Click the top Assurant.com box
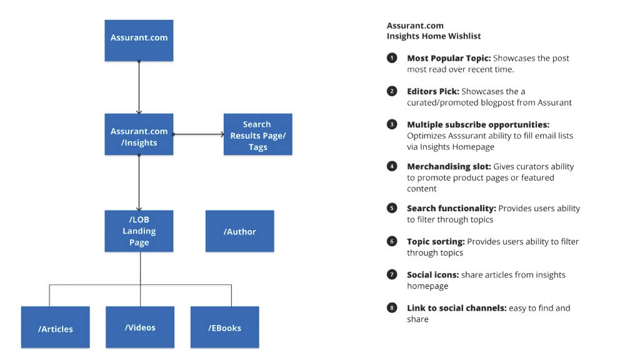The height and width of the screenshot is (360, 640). point(139,41)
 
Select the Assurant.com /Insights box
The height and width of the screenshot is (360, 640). point(139,134)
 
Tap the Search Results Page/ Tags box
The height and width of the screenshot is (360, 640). point(258,134)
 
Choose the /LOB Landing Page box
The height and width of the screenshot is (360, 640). point(139,231)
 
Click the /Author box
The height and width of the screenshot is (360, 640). point(239,231)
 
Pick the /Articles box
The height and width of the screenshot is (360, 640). point(56,327)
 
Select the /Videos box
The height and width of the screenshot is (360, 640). point(140,327)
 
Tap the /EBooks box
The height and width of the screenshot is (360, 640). point(224,327)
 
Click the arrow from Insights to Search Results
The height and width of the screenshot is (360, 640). point(198,134)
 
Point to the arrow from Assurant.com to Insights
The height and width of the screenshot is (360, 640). point(139,87)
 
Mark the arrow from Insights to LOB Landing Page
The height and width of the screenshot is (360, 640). point(139,182)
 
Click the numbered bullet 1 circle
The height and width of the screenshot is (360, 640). point(392,58)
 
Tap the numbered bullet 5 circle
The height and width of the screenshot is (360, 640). point(392,208)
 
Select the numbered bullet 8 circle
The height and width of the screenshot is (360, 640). point(392,307)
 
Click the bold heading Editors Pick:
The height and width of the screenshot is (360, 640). point(433,91)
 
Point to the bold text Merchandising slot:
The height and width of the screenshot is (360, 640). point(449,166)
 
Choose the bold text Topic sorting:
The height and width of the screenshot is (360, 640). point(436,242)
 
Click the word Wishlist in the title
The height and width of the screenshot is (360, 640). point(464,36)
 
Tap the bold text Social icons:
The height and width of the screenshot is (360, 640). point(433,275)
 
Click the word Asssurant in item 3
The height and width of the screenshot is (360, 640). point(466,136)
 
